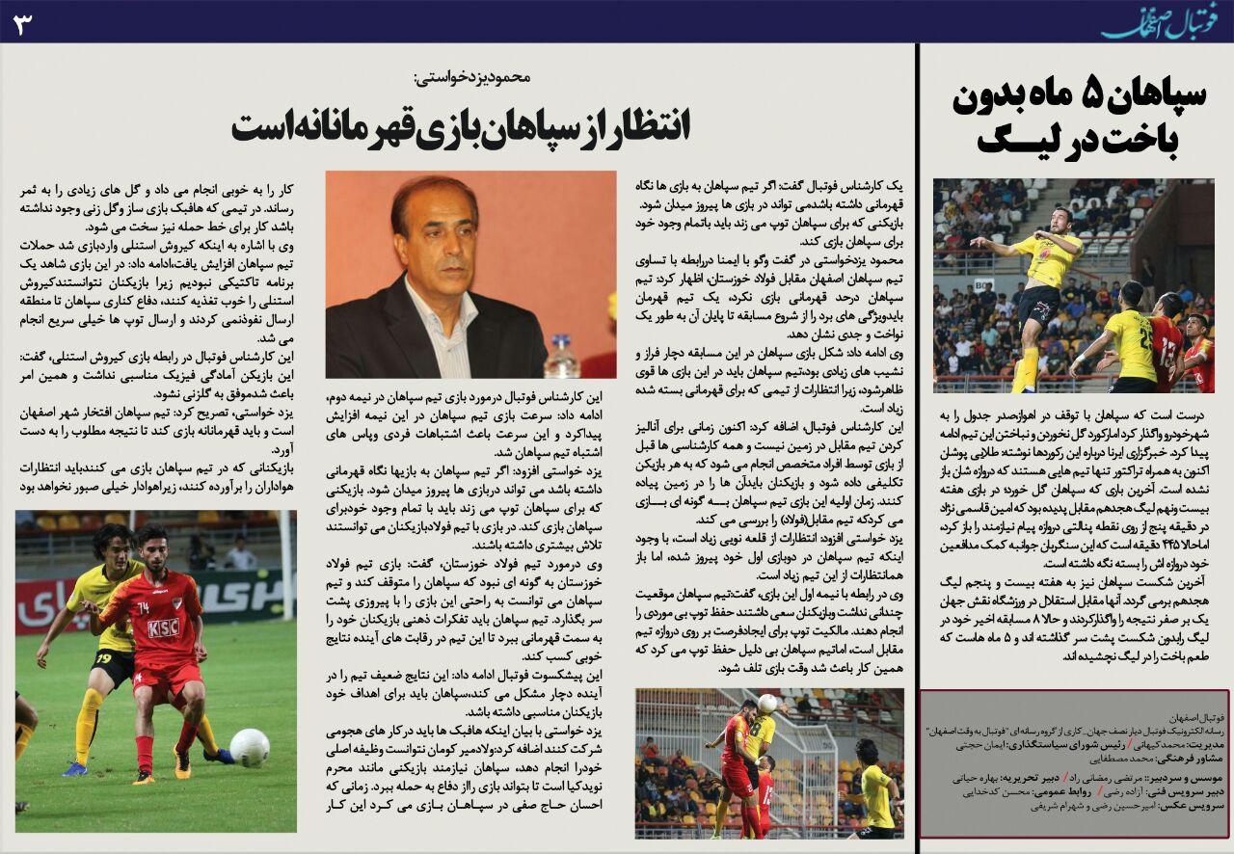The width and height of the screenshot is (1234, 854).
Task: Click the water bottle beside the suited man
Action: (x=560, y=356)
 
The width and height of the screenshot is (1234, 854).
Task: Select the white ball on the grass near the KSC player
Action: (x=250, y=748)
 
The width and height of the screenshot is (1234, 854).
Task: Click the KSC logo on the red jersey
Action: (x=163, y=627)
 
